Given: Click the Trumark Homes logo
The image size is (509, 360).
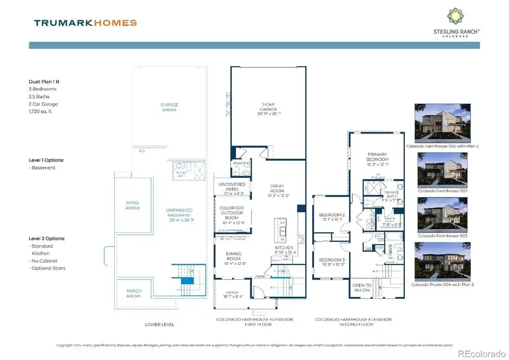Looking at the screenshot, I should pyautogui.click(x=85, y=23).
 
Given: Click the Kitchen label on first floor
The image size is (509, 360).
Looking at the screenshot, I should pyautogui.click(x=283, y=247).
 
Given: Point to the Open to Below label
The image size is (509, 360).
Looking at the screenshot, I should pyautogui.click(x=362, y=287).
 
